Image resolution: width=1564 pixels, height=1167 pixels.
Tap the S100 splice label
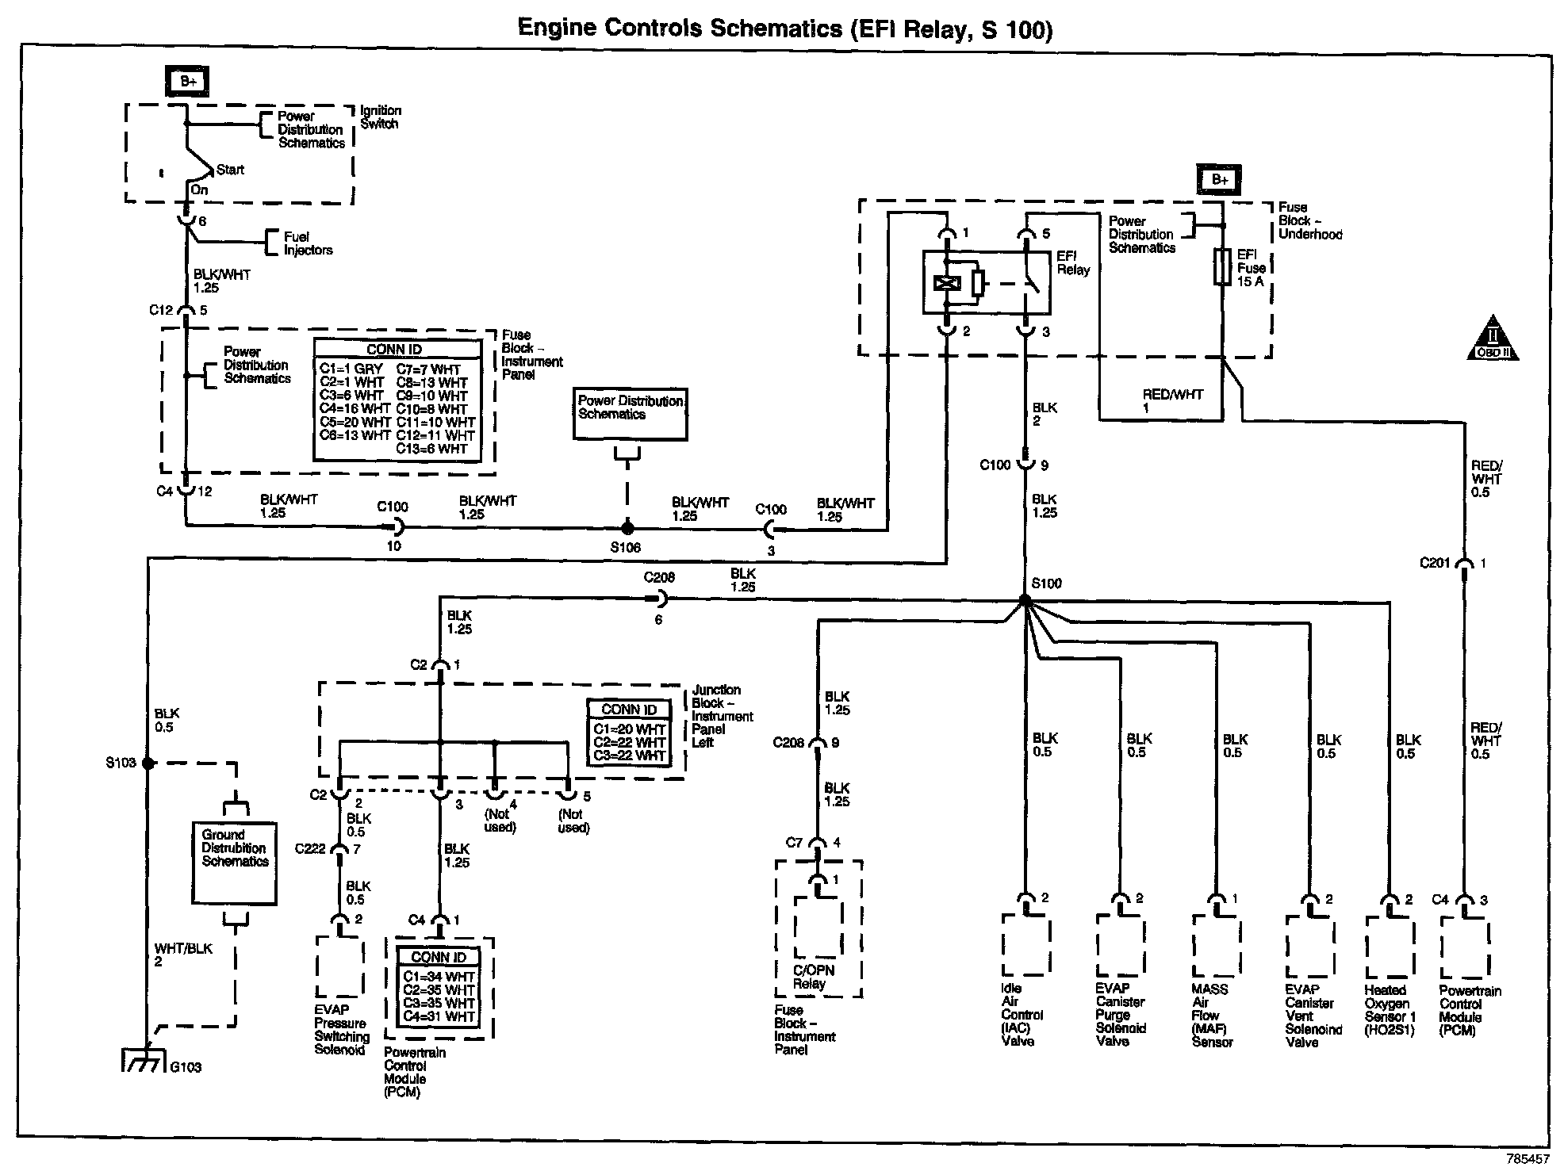[1046, 583]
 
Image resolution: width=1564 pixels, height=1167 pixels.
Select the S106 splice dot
[627, 527]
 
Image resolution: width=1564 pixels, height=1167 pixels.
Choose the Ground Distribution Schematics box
[235, 863]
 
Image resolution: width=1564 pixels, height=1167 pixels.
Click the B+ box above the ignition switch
[188, 81]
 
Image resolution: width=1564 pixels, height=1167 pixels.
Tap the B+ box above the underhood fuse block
[1219, 180]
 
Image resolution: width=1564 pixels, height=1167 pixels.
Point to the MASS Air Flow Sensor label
[1211, 1016]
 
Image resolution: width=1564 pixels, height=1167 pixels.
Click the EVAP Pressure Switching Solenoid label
[342, 1030]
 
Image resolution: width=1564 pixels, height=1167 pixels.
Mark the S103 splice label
[121, 763]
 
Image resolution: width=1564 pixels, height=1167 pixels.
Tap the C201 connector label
[1435, 563]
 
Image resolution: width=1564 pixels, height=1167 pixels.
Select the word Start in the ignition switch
[230, 170]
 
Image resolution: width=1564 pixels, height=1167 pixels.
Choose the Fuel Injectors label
[309, 243]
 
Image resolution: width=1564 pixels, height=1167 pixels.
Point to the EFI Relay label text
[1073, 263]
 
